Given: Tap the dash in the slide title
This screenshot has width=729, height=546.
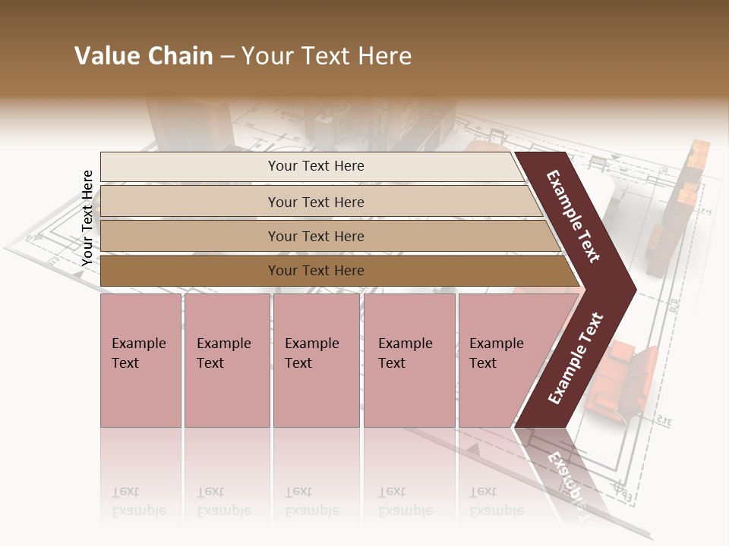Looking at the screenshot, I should [227, 57].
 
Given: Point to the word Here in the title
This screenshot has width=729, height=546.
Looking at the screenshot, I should [383, 56].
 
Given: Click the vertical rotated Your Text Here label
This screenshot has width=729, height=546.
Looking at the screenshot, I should [87, 218].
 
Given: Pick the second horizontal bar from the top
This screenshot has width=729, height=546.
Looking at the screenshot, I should [315, 202].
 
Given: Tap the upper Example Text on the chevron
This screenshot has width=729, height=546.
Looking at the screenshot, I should [573, 216].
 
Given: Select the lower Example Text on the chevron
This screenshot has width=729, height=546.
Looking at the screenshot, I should [575, 358].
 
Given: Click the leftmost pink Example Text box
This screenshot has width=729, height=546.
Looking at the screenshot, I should [140, 359].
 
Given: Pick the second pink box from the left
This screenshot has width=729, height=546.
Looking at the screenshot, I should [227, 359].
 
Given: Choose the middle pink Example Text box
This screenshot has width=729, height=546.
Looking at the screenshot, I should [316, 359].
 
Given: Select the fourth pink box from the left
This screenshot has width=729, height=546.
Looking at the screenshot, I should [409, 359].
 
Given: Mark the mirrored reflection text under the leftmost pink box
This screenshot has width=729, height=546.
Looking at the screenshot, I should [138, 501].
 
